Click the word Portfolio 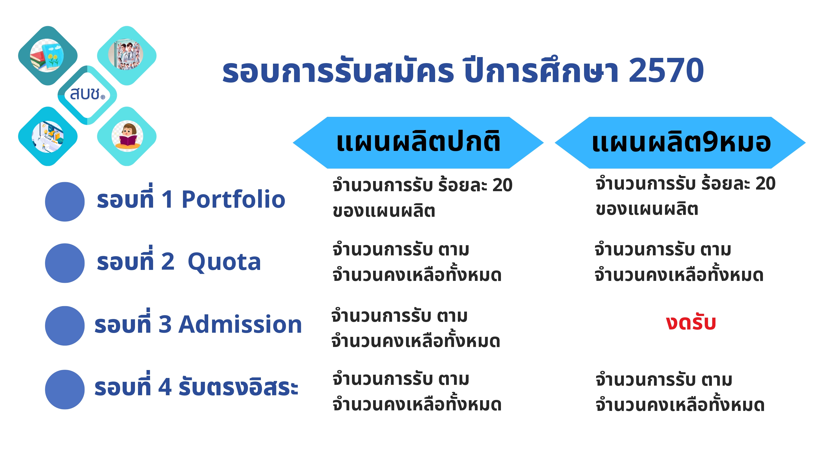point(233,199)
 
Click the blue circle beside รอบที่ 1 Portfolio point(65,202)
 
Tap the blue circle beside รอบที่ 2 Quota point(65,263)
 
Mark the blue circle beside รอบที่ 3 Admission point(65,326)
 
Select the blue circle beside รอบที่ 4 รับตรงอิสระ point(65,389)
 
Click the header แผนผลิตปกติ point(418,143)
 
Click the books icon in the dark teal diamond point(47,55)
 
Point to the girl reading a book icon point(127,136)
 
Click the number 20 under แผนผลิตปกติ point(502,185)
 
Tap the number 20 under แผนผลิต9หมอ point(765,183)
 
